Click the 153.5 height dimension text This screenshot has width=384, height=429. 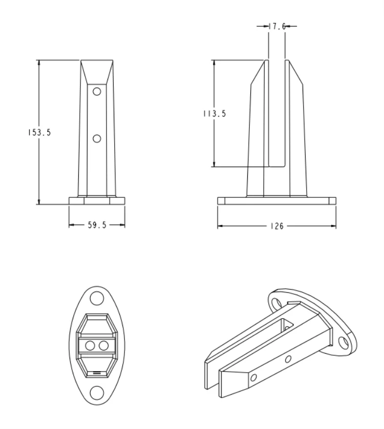coord(38,132)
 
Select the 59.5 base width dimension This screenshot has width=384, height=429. coord(97,225)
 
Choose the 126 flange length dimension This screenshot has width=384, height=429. coord(277,226)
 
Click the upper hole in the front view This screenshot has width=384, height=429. coord(97,92)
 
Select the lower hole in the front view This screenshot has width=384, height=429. coord(97,138)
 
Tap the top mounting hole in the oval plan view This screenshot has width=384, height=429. coord(96,298)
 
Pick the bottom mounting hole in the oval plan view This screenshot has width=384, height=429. coord(96,393)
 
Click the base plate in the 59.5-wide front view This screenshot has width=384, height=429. coord(97,201)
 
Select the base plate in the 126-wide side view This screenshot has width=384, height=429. coord(277,201)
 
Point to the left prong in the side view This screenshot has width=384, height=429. coord(258,128)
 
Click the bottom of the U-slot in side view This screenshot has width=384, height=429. coord(277,165)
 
